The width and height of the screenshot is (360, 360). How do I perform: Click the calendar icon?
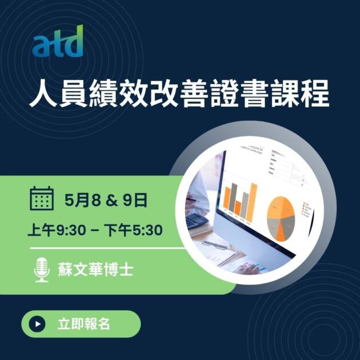pos(42,199)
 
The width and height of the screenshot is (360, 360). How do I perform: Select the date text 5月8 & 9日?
pos(106,200)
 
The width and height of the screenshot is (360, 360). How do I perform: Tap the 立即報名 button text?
pos(83,324)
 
